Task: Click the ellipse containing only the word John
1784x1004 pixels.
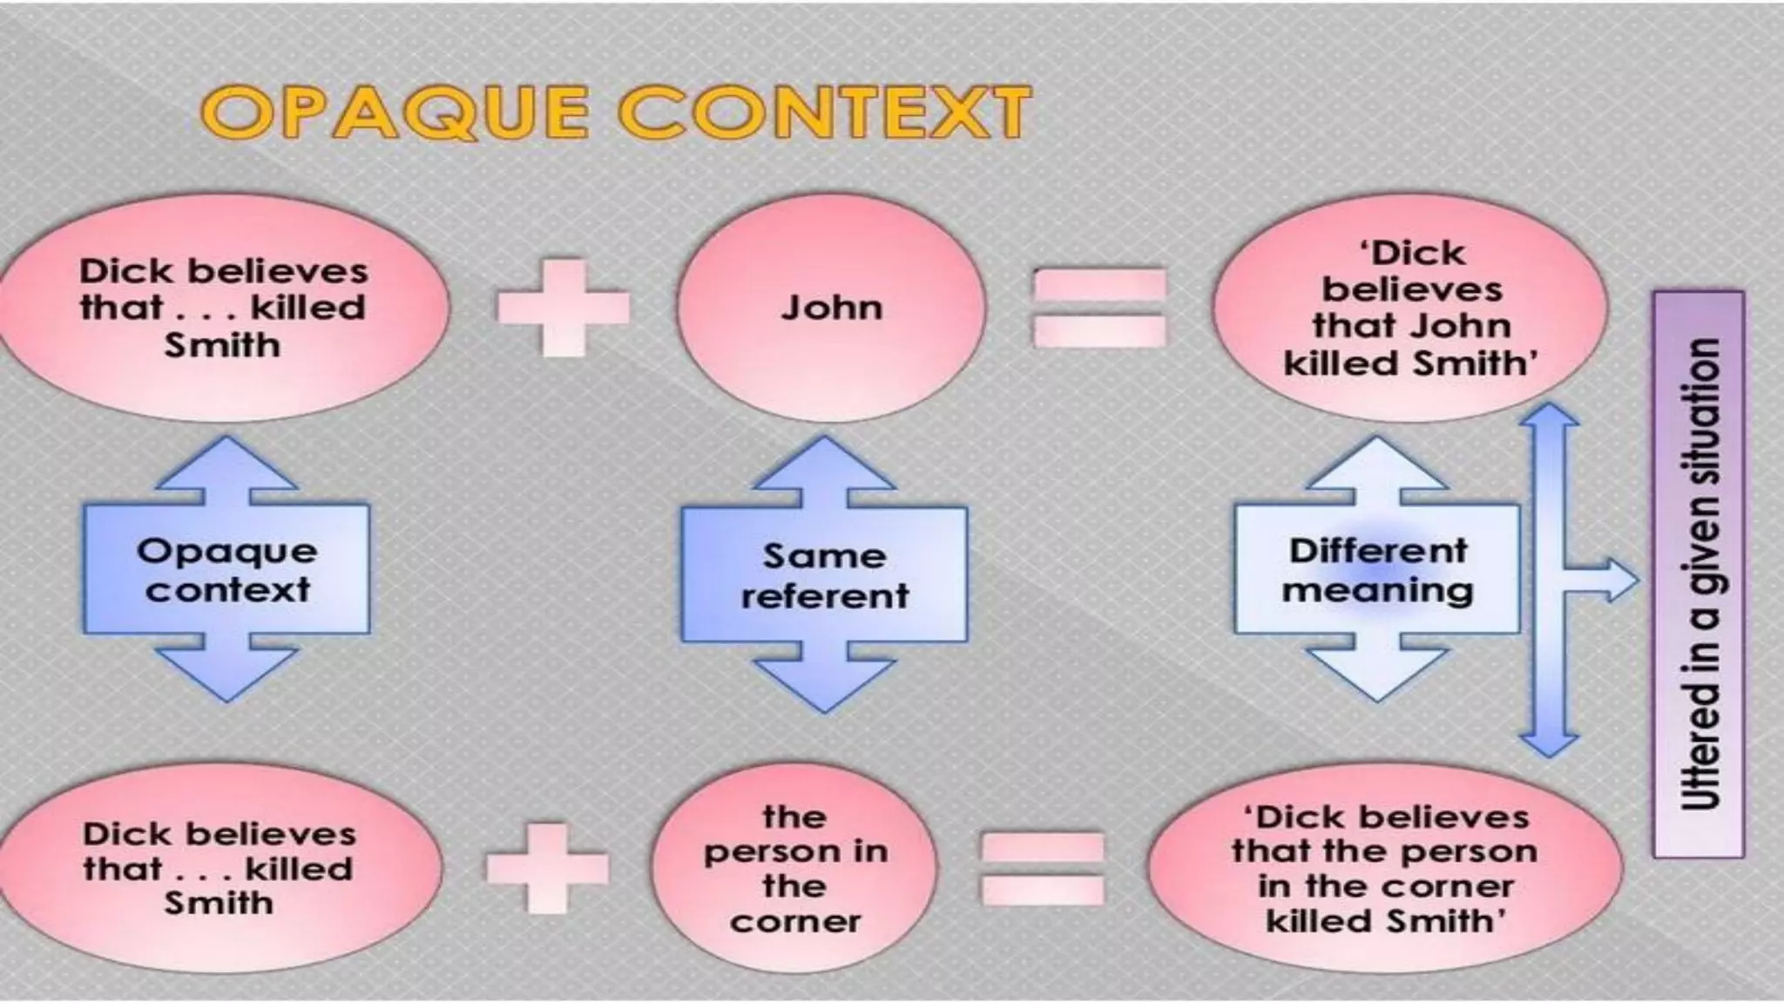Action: point(831,308)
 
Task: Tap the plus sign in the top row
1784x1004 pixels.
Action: point(563,307)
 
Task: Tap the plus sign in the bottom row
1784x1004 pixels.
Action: point(547,867)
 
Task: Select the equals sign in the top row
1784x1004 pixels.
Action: point(1099,308)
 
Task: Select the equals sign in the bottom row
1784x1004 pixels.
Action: point(1043,868)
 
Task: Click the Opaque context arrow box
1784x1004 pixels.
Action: point(226,570)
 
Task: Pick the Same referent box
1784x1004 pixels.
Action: point(824,575)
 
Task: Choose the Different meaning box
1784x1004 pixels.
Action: point(1377,570)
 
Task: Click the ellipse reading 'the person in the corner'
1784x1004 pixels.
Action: point(794,868)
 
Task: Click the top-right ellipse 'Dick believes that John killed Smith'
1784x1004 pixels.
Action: point(1410,309)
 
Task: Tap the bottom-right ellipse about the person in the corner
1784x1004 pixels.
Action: point(1384,868)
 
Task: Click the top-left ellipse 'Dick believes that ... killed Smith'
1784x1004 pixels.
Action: point(223,308)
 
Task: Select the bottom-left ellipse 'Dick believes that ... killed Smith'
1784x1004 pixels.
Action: point(218,868)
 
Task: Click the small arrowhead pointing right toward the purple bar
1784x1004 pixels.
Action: point(1620,580)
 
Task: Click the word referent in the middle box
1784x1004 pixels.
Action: point(824,596)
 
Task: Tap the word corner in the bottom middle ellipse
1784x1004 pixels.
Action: point(794,921)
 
